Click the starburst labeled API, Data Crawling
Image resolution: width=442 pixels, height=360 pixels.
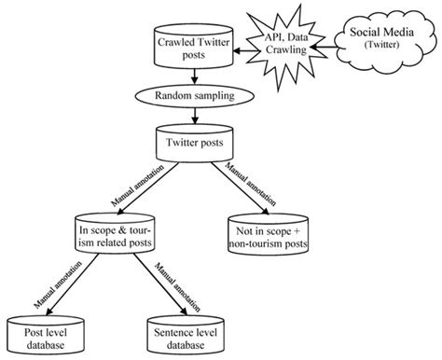282,42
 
